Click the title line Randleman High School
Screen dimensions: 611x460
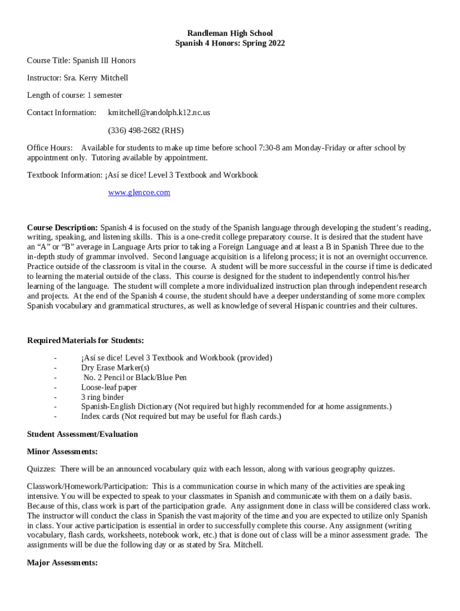(230, 33)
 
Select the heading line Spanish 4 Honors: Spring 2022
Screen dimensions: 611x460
(230, 43)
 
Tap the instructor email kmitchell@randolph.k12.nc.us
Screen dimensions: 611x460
(159, 113)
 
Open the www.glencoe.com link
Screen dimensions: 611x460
(139, 192)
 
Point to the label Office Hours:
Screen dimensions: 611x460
(50, 148)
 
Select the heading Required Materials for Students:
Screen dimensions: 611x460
(85, 341)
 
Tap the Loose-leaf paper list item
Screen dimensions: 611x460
(109, 387)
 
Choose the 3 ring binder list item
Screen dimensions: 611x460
(103, 397)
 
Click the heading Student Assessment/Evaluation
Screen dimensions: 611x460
(82, 434)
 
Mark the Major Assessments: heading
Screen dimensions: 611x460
(62, 563)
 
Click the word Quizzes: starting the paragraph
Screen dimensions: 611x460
(41, 469)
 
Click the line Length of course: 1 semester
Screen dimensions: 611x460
(75, 95)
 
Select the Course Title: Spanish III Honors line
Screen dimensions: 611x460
(81, 61)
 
